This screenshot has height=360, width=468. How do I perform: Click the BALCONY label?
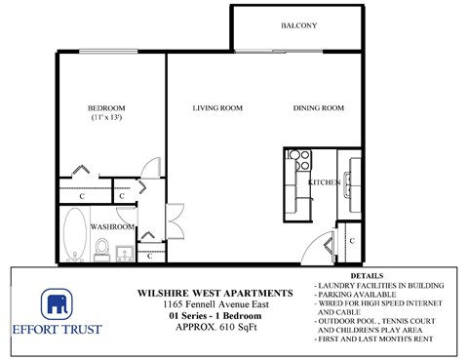coord(299,25)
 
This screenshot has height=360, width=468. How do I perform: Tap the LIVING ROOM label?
coord(216,108)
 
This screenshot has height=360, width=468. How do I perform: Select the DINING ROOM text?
coord(319,108)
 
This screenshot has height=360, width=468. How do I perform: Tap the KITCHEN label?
coord(323,182)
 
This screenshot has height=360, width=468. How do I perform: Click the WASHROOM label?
coord(112,226)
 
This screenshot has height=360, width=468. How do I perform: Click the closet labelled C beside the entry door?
coord(350,238)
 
